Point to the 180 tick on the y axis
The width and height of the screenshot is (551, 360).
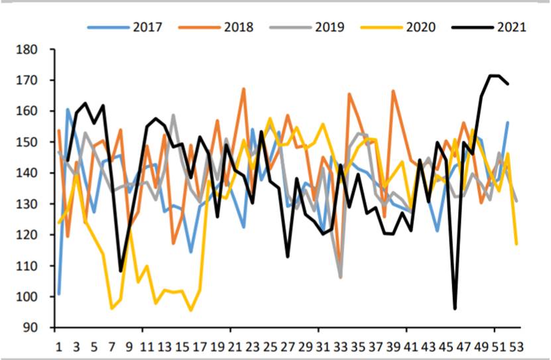(x=35, y=50)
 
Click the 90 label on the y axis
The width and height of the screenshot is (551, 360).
(x=38, y=328)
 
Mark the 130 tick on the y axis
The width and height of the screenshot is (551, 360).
(x=35, y=204)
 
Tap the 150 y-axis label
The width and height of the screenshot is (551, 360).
(x=35, y=143)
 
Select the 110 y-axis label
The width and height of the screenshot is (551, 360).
(x=35, y=266)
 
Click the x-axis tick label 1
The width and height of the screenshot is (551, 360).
(x=58, y=346)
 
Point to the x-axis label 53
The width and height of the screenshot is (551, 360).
(x=517, y=346)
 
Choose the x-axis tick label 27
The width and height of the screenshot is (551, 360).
(x=288, y=346)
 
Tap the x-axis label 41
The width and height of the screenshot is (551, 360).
(x=411, y=346)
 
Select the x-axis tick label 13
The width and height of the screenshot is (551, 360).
(x=164, y=346)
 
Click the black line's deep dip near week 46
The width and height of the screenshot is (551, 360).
(x=455, y=308)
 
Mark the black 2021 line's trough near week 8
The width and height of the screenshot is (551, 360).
(x=121, y=270)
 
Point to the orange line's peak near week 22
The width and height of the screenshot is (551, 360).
(x=243, y=89)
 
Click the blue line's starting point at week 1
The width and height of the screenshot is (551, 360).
(x=59, y=293)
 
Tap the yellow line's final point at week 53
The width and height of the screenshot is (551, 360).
(x=517, y=244)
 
